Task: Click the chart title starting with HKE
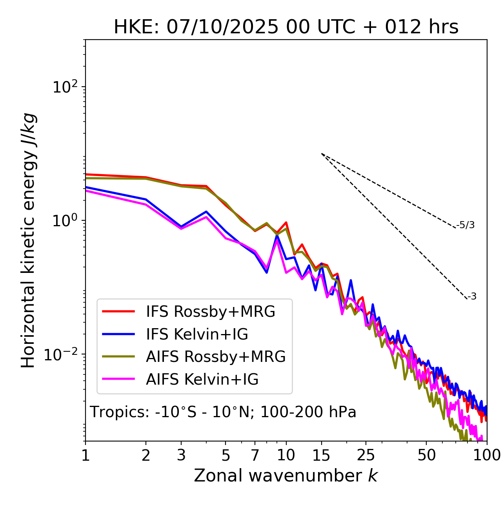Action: point(286,27)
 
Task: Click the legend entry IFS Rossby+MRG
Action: point(210,311)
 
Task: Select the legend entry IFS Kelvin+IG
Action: point(197,334)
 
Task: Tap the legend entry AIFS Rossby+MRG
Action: point(215,357)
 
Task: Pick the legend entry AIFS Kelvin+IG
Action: point(202,380)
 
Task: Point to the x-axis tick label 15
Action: point(321,455)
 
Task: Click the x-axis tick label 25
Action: point(366,455)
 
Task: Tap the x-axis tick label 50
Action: point(426,455)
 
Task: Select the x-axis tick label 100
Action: point(486,455)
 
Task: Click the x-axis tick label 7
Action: point(255,455)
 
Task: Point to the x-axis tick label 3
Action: point(181,455)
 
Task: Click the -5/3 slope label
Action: point(466,225)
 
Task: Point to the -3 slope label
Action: point(472,296)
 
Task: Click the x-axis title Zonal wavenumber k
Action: point(286,476)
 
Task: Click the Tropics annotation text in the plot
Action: point(223,412)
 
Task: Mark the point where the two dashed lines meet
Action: point(322,154)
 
